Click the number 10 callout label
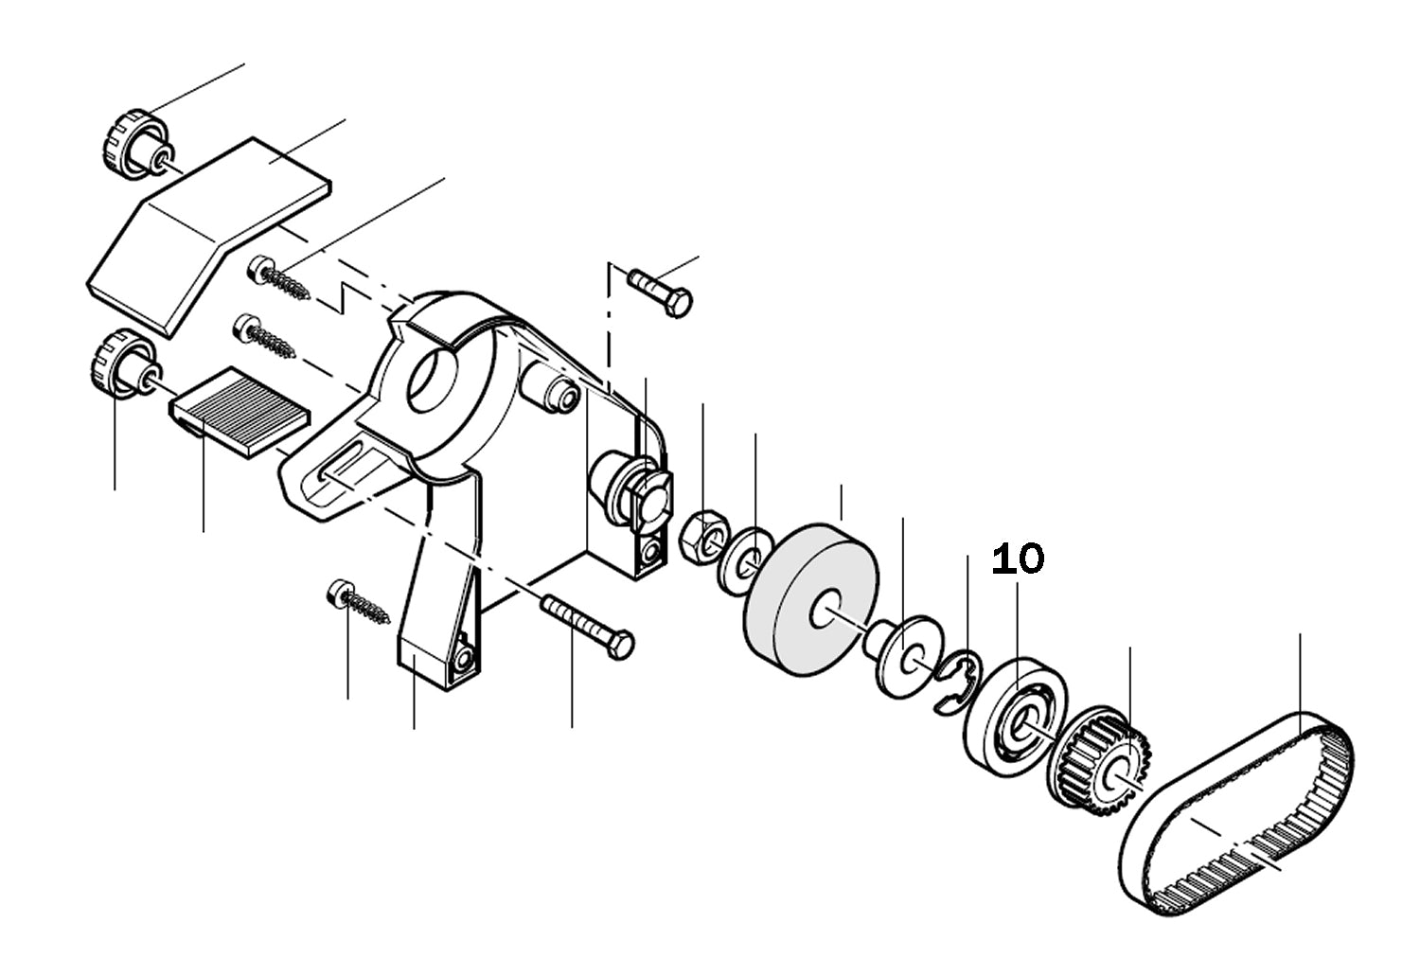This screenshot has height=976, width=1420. pyautogui.click(x=1018, y=559)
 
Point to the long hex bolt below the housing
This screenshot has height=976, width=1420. pyautogui.click(x=587, y=622)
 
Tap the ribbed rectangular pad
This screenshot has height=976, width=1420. pyautogui.click(x=241, y=411)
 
